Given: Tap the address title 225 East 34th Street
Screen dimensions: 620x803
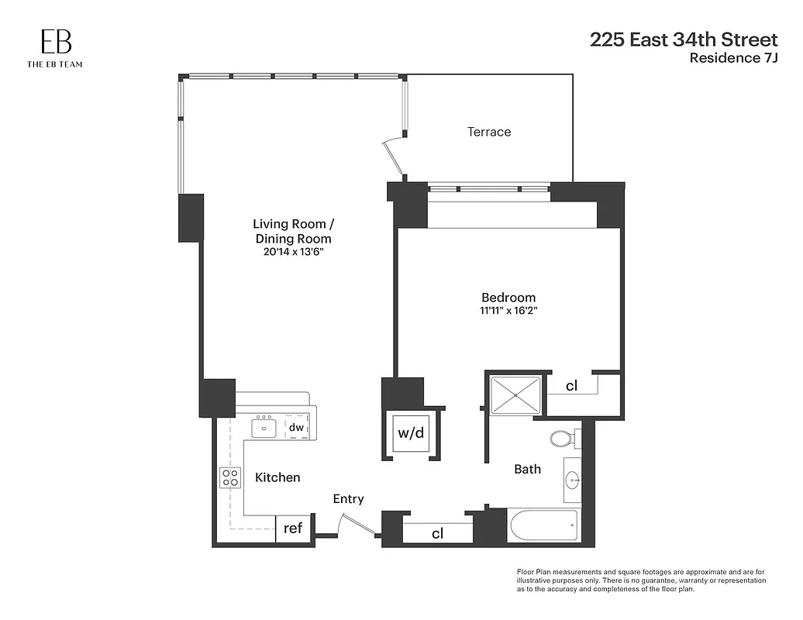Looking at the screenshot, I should click(683, 40).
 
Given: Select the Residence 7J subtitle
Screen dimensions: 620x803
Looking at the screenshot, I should click(733, 57).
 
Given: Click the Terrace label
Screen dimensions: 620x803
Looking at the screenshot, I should click(488, 132).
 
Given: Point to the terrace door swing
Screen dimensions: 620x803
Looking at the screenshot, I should click(394, 155).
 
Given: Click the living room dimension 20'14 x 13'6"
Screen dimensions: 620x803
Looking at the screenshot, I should click(293, 252).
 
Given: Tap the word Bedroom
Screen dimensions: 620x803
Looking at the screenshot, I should click(508, 298).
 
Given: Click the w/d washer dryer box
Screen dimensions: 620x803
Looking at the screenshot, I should click(411, 433).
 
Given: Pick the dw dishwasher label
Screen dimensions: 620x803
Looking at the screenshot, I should click(295, 427).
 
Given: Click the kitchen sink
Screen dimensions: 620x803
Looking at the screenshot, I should click(264, 427).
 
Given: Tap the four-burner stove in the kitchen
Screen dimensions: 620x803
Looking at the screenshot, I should click(229, 477).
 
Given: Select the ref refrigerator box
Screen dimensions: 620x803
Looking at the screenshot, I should click(292, 529).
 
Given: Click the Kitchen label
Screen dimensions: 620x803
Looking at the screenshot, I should click(277, 477).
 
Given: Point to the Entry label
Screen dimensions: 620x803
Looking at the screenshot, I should click(348, 499).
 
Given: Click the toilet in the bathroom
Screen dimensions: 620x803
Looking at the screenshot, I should click(562, 439).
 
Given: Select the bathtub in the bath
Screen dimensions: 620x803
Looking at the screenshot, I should click(543, 526).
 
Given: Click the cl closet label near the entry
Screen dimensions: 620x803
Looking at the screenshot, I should click(437, 533).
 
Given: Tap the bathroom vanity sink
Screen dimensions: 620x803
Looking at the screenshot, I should click(573, 480).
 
